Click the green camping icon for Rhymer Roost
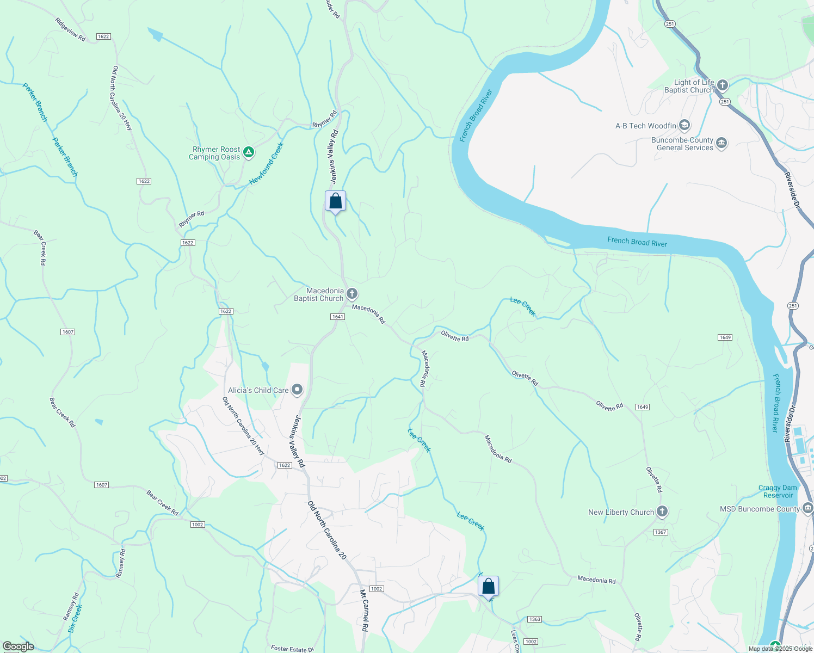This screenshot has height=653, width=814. click(x=249, y=152)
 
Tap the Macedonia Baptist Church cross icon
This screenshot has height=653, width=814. click(x=352, y=294)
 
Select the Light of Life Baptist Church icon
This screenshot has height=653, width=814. click(x=722, y=85)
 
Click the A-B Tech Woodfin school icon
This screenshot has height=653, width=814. click(x=684, y=126)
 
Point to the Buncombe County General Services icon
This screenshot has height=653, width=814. click(x=721, y=144)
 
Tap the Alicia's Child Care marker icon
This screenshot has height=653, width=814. click(x=297, y=390)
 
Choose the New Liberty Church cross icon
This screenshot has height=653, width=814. click(x=662, y=512)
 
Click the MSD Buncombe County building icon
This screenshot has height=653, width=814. click(x=807, y=509)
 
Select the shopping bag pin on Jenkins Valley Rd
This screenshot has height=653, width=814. click(x=336, y=201)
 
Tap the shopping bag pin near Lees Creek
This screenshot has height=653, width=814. click(x=488, y=587)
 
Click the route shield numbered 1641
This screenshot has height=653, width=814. click(x=337, y=317)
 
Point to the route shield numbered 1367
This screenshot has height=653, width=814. click(x=661, y=532)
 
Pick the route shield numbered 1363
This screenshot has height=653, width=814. click(x=534, y=619)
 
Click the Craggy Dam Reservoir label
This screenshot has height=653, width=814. click(x=778, y=491)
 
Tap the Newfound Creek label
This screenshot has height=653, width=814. click(x=267, y=163)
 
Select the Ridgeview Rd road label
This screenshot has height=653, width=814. click(x=70, y=29)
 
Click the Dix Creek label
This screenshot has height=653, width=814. click(x=75, y=618)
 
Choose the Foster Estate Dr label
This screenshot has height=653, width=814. click(x=292, y=649)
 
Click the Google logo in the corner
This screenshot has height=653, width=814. click(x=18, y=646)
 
